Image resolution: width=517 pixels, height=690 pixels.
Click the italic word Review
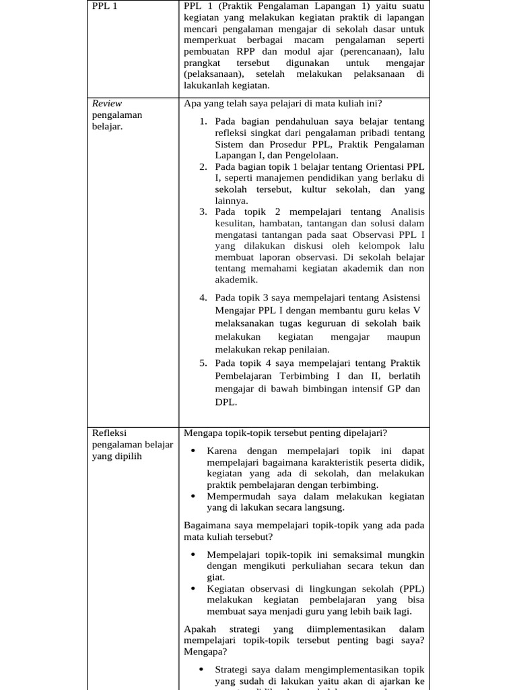click(x=106, y=103)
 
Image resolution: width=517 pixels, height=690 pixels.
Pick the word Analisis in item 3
click(x=408, y=212)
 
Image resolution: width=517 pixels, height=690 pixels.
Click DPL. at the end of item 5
click(x=226, y=402)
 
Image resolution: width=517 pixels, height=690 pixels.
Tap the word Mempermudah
click(x=239, y=497)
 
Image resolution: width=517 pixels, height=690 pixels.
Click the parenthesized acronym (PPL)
click(x=410, y=588)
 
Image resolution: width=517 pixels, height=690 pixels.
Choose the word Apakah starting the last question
click(x=200, y=629)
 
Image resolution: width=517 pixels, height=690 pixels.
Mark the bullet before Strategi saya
click(x=201, y=670)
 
